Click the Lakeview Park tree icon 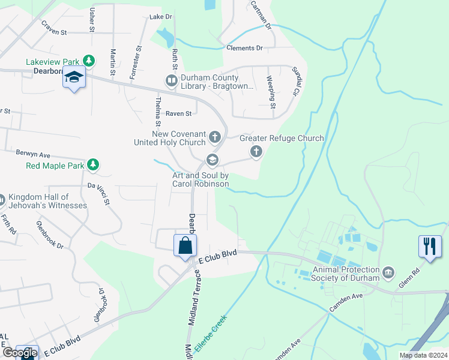tap(89, 61)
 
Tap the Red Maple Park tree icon tap(92, 165)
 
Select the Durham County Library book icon tap(171, 80)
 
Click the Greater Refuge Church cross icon tap(256, 151)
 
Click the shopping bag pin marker tap(185, 245)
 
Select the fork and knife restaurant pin tap(429, 246)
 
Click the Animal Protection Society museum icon tap(389, 274)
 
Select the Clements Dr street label tap(244, 48)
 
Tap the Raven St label tap(178, 113)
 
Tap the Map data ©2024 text tap(423, 355)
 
